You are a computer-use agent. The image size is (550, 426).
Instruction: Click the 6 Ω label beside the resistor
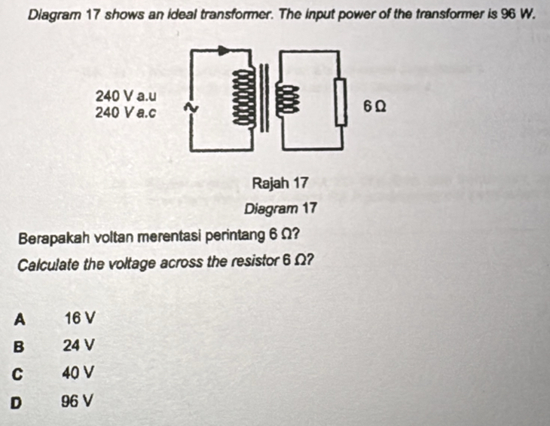pos(375,106)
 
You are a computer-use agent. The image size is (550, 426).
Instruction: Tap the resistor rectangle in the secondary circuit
pos(341,102)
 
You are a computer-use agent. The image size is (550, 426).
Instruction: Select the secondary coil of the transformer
pos(287,100)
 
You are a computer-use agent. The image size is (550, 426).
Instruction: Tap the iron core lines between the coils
pos(264,97)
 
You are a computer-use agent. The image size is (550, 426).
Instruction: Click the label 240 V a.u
pos(126,96)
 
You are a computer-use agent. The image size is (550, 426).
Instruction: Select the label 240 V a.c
pos(125,112)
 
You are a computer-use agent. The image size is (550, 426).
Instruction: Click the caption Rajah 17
pos(280,182)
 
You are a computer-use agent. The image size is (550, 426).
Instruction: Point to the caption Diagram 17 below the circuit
pos(280,208)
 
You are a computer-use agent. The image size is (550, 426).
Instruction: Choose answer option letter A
pos(20,320)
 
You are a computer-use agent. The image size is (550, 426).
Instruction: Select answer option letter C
pos(17,375)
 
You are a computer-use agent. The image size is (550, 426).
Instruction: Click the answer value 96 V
pos(78,401)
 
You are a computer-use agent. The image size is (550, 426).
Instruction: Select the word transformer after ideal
pos(223,15)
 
